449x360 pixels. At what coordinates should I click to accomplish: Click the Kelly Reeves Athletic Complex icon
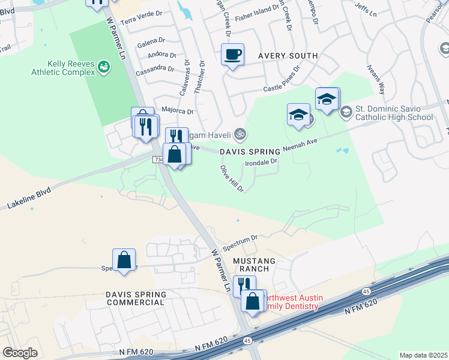[104, 67]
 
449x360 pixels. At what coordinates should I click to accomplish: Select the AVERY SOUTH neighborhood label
[288, 56]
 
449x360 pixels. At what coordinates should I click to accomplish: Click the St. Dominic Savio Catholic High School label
[393, 113]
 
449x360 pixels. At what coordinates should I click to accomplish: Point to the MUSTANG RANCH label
[255, 265]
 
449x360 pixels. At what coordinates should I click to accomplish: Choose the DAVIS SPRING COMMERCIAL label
[135, 298]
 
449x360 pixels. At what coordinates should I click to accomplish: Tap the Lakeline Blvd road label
[29, 197]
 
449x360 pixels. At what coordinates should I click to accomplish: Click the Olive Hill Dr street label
[232, 179]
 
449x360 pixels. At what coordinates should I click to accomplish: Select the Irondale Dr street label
[261, 161]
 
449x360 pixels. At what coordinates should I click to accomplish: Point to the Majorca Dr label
[178, 111]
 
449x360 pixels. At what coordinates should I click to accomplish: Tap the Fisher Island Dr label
[247, 10]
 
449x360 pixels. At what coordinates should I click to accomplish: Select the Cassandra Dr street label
[155, 68]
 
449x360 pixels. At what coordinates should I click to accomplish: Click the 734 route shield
[158, 160]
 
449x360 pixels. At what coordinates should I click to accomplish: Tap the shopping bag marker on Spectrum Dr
[124, 260]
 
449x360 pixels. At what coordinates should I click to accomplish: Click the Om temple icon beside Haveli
[240, 134]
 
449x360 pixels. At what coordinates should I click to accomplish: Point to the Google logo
[20, 353]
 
